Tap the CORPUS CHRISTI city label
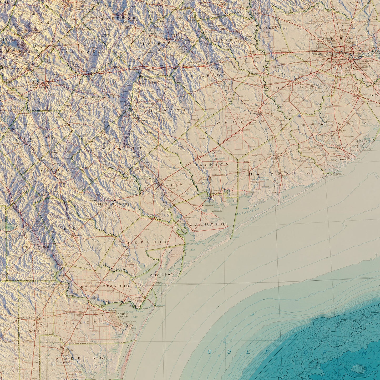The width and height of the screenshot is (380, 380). (x=123, y=316)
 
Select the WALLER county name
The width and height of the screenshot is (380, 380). (x=268, y=28)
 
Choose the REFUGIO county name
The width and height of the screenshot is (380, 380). (x=148, y=242)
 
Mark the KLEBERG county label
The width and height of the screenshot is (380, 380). (x=80, y=358)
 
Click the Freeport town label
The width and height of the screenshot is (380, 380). (x=344, y=159)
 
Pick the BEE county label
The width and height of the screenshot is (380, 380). (x=71, y=229)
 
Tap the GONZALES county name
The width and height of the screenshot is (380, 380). (x=101, y=97)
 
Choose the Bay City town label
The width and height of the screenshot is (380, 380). (x=275, y=158)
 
